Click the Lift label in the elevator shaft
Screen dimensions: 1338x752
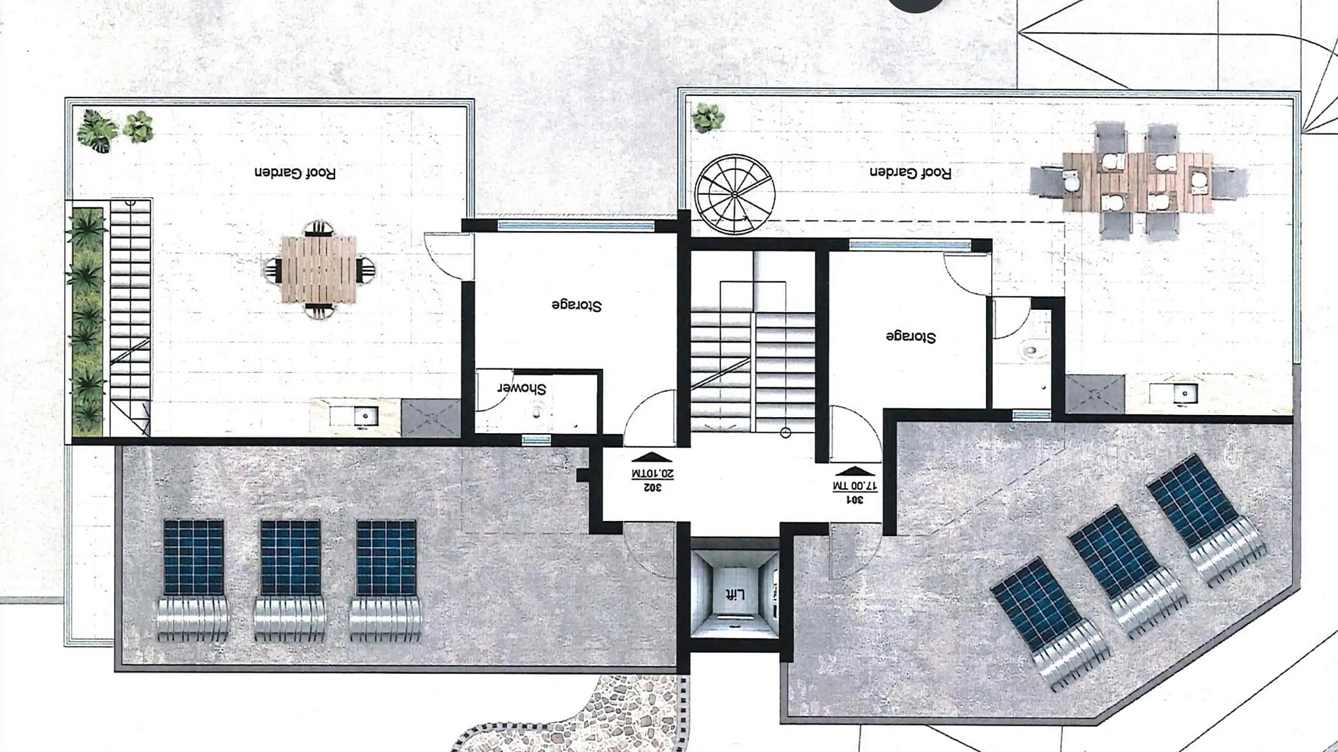tap(735, 595)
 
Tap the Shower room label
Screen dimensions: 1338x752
tap(521, 389)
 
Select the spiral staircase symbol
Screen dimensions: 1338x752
tap(734, 194)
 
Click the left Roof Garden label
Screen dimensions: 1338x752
tap(295, 173)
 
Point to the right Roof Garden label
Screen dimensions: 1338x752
tap(910, 173)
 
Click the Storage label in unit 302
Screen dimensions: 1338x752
tap(576, 305)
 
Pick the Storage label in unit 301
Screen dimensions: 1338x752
tap(911, 337)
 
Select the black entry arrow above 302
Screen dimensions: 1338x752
tap(651, 458)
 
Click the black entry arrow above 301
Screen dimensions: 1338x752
tap(855, 469)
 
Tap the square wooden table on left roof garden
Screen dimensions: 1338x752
tap(318, 269)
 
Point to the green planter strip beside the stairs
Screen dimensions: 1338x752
tap(87, 321)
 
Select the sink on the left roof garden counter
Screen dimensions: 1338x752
tap(364, 416)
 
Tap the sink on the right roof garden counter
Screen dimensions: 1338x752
tap(1183, 393)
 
